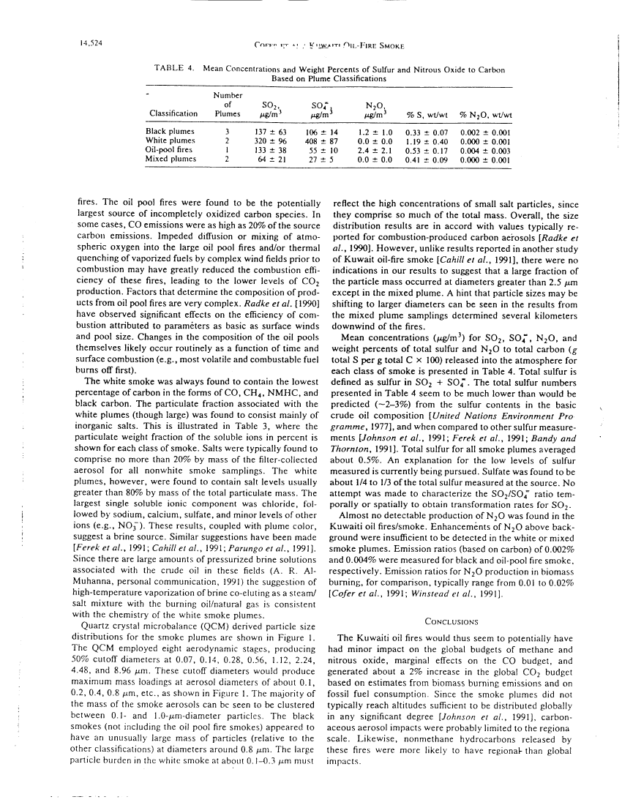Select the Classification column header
tap(173, 113)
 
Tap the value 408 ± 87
tap(320, 139)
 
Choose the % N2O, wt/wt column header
tap(485, 113)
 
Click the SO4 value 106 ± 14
tap(320, 130)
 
